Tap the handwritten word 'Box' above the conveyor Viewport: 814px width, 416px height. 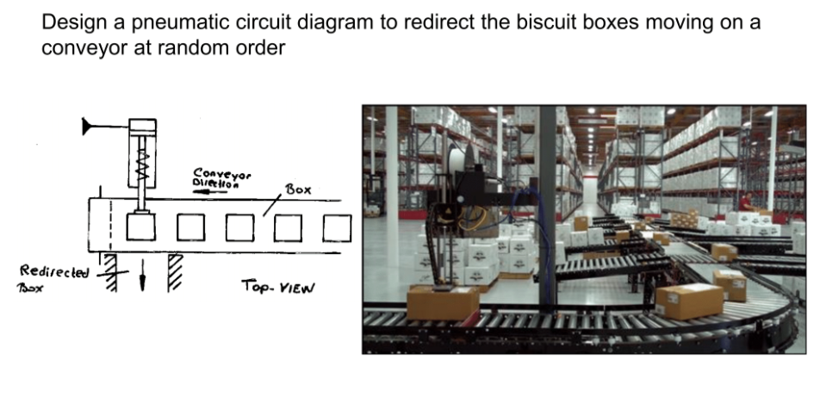tap(296, 189)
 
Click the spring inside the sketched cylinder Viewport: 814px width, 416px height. tap(141, 163)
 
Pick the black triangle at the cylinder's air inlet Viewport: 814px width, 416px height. tap(88, 127)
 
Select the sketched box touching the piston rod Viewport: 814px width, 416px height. tap(141, 227)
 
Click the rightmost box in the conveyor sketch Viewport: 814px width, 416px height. tap(338, 227)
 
